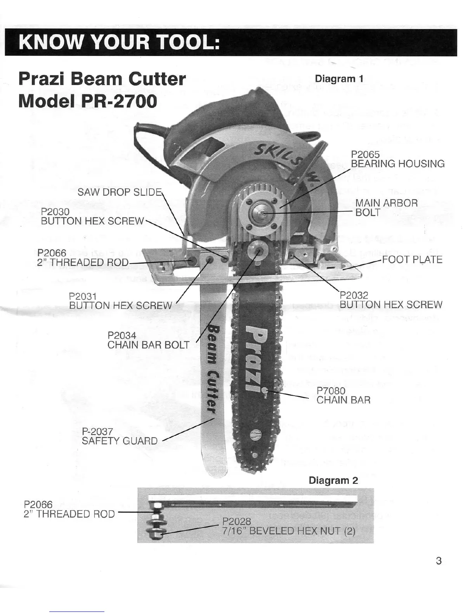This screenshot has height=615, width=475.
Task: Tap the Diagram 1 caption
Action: pos(339,79)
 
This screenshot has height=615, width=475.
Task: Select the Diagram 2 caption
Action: pos(333,480)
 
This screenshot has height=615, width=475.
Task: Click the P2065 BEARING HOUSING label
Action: pos(397,160)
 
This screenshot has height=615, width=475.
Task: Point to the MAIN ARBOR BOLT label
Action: pos(386,207)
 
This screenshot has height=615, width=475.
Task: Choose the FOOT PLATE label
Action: pos(412,259)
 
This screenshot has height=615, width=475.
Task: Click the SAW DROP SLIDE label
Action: pos(119,192)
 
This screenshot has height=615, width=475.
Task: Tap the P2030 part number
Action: pos(55,212)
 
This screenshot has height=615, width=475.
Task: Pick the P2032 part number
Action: pos(354,296)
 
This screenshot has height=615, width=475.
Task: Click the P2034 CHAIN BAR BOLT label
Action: pos(148,340)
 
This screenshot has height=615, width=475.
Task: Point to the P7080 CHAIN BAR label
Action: pos(343,395)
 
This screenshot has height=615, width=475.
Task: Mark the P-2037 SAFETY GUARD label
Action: pos(120,436)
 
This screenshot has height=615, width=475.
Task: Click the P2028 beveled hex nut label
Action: pos(288,526)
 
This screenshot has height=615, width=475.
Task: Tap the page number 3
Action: pos(439,561)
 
